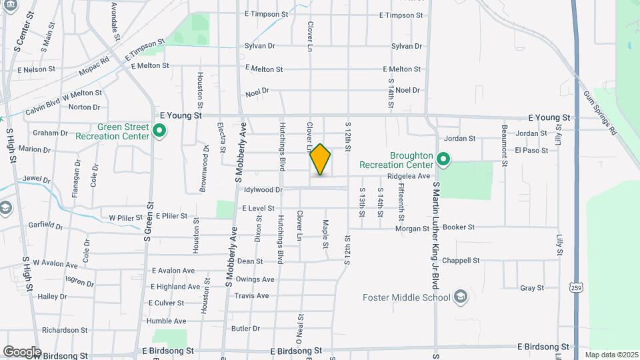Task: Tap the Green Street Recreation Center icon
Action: (x=159, y=131)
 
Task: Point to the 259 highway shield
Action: (x=575, y=287)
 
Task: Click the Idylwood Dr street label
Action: (x=264, y=190)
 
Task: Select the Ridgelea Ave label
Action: (x=409, y=176)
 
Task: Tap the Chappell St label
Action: (x=465, y=261)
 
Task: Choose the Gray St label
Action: (x=532, y=288)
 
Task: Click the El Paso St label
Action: (x=531, y=150)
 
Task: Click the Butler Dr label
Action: (x=245, y=329)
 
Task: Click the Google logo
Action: (x=21, y=351)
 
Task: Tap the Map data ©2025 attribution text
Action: (x=611, y=355)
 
